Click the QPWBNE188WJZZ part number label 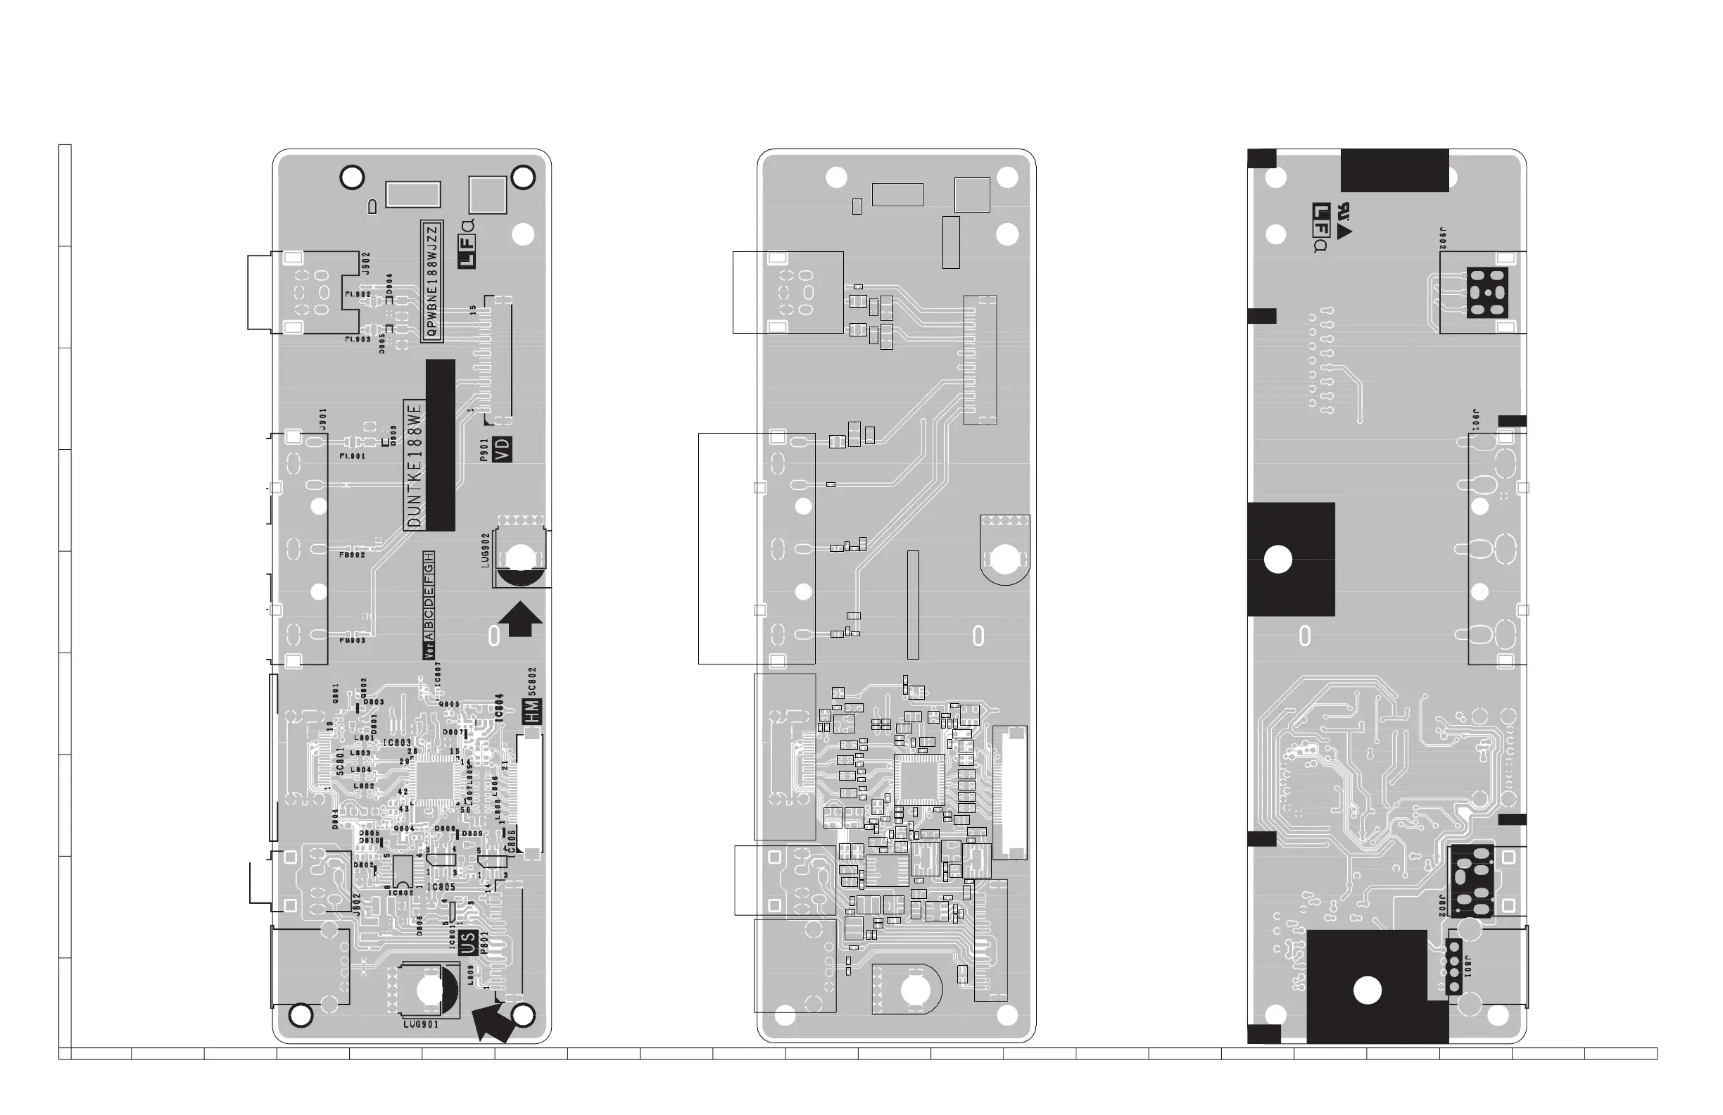tap(432, 281)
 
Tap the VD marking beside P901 tap(502, 450)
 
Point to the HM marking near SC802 tap(532, 712)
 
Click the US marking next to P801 tap(468, 943)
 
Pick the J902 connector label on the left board tap(366, 263)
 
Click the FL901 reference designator tap(353, 456)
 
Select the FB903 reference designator tap(353, 640)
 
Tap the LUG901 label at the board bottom tap(421, 1024)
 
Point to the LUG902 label tap(486, 550)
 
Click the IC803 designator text tap(397, 743)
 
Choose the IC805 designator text tap(441, 887)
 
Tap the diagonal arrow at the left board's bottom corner tap(492, 1021)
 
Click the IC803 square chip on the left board tap(434, 781)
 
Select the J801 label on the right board tap(1467, 967)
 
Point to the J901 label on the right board tap(1475, 421)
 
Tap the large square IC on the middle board tap(919, 779)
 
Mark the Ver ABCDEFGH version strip tap(429, 605)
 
